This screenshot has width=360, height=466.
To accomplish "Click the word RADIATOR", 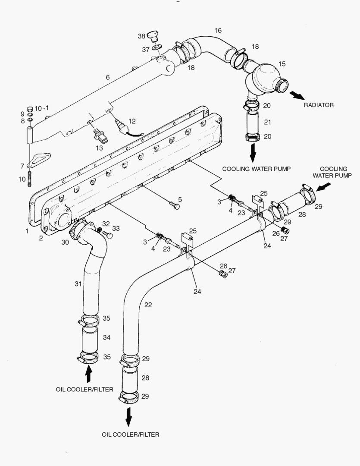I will click(x=319, y=105).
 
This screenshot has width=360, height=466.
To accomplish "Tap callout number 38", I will click(x=141, y=36).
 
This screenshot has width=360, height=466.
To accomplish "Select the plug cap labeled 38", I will click(x=153, y=35).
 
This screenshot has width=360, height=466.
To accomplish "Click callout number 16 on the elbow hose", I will click(x=218, y=30).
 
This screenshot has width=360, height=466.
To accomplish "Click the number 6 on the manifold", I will click(x=107, y=77).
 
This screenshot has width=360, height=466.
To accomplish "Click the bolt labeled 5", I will click(x=175, y=205).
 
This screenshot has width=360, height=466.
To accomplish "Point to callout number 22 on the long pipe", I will click(x=148, y=305).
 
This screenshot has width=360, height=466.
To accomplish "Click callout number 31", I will click(x=78, y=283).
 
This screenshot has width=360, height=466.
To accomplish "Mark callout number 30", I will click(x=65, y=242).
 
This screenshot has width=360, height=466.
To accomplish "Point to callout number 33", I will click(x=116, y=228).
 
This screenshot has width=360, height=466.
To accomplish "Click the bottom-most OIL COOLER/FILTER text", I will click(x=130, y=434).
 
